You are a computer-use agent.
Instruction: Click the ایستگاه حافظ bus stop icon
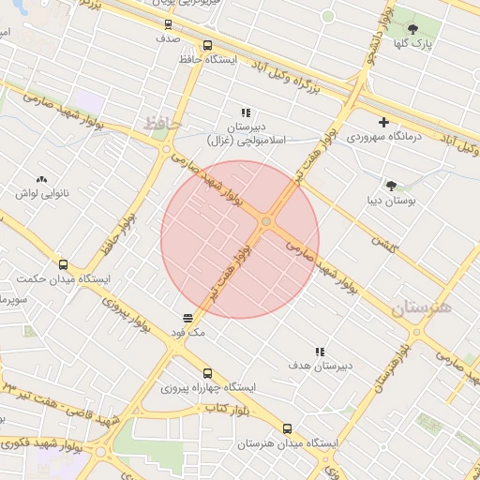coord(207,44)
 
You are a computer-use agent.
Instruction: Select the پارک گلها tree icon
coord(413,27)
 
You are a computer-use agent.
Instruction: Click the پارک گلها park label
coord(413,43)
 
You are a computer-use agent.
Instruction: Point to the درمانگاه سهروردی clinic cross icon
coord(382,122)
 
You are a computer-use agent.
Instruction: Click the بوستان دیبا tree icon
coord(391,186)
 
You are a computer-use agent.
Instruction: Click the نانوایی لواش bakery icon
coord(41,178)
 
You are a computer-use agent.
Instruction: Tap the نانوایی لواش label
coord(41,193)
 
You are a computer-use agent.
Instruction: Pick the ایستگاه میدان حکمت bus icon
coord(64,264)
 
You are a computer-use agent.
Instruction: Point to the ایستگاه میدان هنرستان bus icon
coord(287,427)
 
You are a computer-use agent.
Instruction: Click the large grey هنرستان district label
coord(421,307)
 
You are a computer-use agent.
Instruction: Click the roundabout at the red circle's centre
coord(266,222)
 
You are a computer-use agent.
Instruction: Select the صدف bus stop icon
coord(168,25)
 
